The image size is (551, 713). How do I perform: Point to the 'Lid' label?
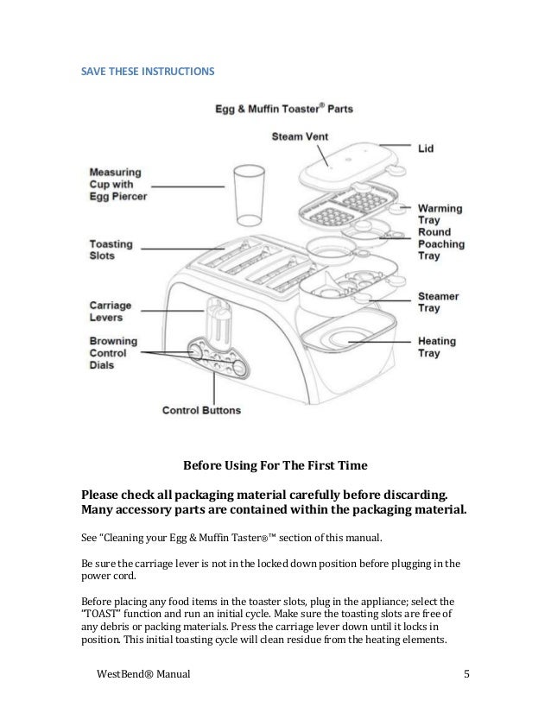tap(427, 148)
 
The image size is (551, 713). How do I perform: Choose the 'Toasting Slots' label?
tap(111, 249)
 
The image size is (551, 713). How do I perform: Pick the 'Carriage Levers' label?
tap(111, 311)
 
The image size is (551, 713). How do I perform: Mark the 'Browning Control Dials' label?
tap(111, 354)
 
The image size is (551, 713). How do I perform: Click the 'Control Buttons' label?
tap(201, 410)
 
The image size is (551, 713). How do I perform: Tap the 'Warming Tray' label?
tap(440, 215)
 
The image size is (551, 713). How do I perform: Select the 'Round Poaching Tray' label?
tap(440, 245)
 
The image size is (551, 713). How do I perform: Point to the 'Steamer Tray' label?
tap(439, 302)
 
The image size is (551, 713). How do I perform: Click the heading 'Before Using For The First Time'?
tap(275, 465)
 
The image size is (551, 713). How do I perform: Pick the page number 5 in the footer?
tap(465, 673)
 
